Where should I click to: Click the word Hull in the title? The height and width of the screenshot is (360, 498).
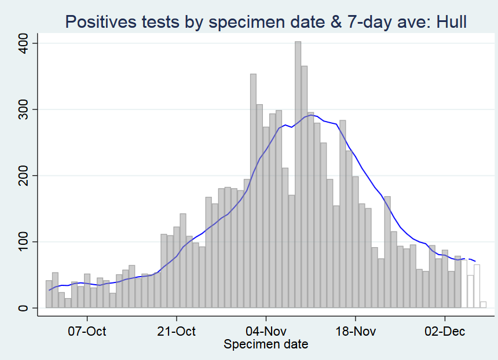pyautogui.click(x=447, y=21)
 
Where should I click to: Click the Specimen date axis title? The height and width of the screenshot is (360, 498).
pyautogui.click(x=266, y=345)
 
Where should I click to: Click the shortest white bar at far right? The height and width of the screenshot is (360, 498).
pyautogui.click(x=483, y=305)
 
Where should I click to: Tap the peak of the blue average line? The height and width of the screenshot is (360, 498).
pyautogui.click(x=311, y=115)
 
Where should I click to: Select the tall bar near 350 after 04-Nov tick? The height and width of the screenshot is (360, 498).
pyautogui.click(x=253, y=191)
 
